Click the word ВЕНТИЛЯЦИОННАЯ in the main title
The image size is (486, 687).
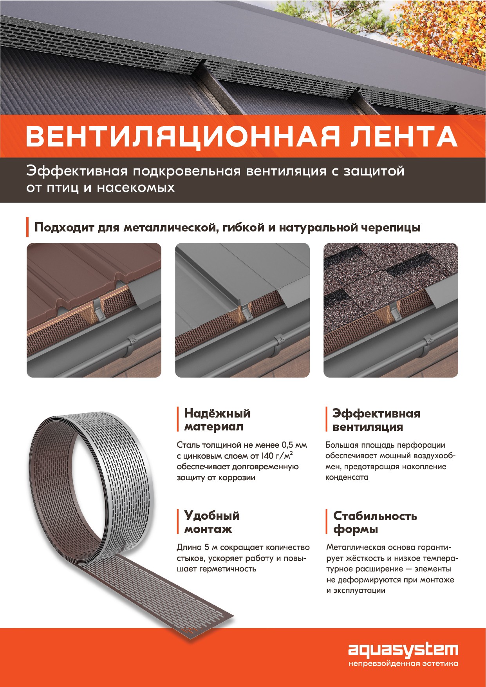click(182, 137)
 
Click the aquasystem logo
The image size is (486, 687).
click(403, 650)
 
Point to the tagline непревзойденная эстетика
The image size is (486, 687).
click(403, 663)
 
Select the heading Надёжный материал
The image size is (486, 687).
click(217, 420)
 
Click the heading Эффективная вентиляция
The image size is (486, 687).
click(376, 420)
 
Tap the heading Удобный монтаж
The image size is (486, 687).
click(211, 522)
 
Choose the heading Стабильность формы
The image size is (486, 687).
click(375, 522)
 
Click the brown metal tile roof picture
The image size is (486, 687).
click(94, 310)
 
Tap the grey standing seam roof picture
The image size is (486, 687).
click(242, 310)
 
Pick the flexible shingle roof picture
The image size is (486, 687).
click(391, 310)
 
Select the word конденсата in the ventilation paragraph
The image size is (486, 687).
click(347, 477)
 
